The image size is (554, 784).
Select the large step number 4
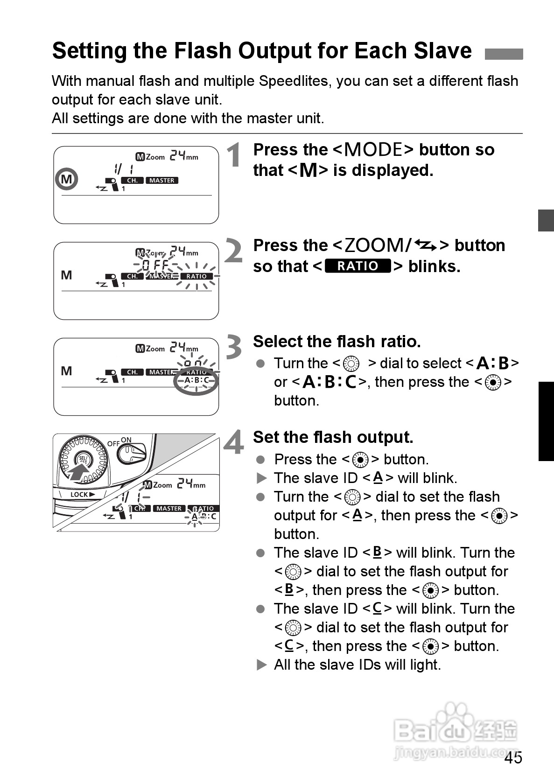click(x=233, y=442)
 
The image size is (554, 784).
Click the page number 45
click(x=513, y=758)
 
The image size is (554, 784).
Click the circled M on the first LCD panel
click(x=67, y=179)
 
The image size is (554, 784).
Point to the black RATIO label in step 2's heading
click(x=357, y=266)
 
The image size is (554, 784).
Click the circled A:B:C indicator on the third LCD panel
click(x=196, y=381)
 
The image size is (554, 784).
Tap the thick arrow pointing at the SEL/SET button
click(x=77, y=472)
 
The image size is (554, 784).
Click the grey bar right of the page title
click(x=504, y=54)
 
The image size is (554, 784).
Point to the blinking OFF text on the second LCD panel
click(x=155, y=266)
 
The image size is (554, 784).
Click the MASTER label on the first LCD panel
click(x=161, y=181)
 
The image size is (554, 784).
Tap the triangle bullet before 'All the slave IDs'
click(x=261, y=665)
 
